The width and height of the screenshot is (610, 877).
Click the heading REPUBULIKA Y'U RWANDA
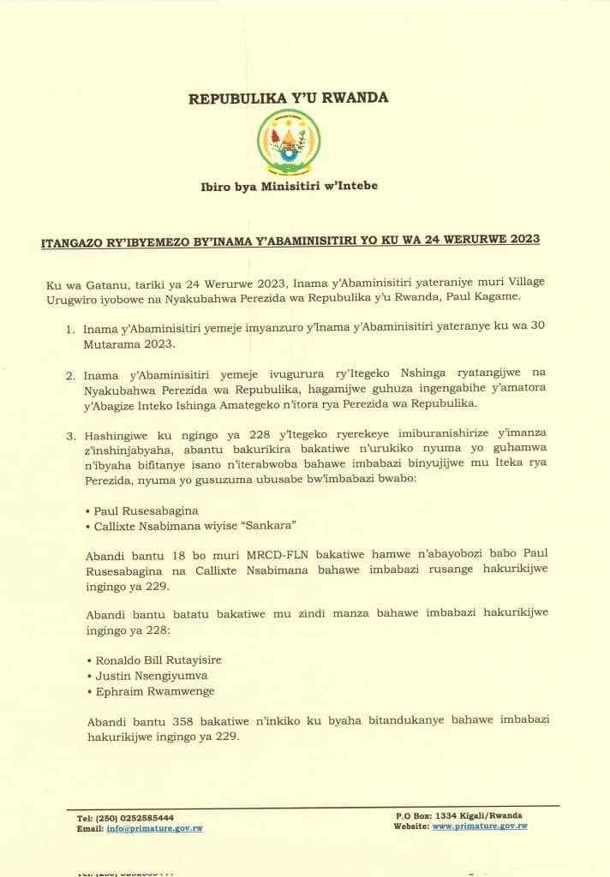click(289, 98)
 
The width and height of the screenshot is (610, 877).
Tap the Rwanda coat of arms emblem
click(289, 141)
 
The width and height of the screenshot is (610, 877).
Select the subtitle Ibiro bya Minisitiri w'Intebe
click(289, 185)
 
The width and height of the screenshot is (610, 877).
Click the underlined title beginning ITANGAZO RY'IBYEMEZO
click(290, 239)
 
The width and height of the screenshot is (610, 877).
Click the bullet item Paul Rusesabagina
click(149, 510)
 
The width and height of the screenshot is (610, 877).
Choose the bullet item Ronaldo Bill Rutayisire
click(156, 660)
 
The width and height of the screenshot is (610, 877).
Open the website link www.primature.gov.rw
click(479, 826)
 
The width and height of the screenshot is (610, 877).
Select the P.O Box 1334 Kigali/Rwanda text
click(461, 815)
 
